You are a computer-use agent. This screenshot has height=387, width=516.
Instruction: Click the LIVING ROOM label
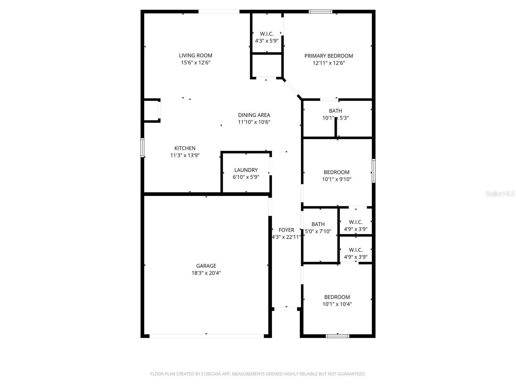(195, 55)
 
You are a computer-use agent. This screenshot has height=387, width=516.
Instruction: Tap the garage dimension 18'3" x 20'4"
(206, 273)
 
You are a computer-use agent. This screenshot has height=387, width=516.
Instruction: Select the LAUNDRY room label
(246, 170)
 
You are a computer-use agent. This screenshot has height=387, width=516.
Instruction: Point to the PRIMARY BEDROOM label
(328, 56)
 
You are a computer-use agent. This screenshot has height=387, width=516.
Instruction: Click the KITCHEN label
(185, 148)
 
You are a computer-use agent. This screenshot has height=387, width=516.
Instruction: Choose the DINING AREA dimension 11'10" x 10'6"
(254, 122)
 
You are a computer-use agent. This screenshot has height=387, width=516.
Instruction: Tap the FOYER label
(286, 230)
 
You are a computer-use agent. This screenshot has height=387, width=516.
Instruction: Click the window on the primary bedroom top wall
(320, 12)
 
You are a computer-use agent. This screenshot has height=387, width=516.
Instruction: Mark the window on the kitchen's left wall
(142, 148)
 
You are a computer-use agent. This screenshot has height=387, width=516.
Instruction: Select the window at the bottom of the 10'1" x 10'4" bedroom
(337, 336)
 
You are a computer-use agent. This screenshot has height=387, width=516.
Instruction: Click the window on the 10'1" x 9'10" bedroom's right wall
(373, 171)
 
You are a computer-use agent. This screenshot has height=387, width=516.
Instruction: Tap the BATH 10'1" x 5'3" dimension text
(335, 118)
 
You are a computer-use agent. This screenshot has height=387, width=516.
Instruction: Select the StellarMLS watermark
(500, 194)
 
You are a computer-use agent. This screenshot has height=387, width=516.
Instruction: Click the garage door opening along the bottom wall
(206, 336)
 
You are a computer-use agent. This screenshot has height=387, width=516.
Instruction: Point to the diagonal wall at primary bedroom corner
(292, 88)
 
